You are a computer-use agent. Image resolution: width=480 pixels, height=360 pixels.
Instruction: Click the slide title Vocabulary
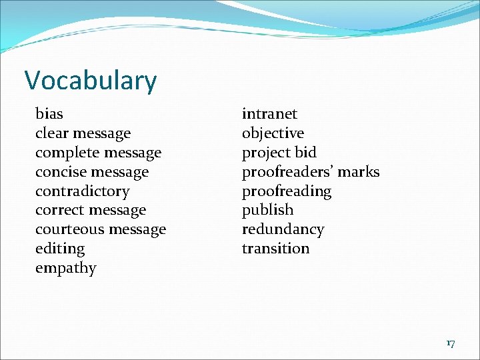(91, 81)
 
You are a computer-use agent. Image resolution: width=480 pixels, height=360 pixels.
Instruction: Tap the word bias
(49, 114)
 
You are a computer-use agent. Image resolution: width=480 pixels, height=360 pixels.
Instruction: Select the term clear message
(83, 133)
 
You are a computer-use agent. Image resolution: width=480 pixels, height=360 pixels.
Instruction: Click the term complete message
(98, 153)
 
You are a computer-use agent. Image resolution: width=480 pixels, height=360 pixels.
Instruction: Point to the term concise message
(92, 172)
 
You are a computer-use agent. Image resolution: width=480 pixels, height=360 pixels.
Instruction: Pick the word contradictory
(82, 191)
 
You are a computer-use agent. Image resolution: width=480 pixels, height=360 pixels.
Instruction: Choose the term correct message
(91, 211)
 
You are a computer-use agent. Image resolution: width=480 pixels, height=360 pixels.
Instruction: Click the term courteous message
(101, 230)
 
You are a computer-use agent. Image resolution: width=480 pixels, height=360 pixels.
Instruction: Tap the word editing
(60, 249)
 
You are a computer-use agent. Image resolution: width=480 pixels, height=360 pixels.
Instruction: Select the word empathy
(66, 269)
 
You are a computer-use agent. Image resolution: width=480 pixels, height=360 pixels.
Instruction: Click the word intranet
(269, 114)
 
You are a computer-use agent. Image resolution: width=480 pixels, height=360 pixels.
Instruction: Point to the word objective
(273, 133)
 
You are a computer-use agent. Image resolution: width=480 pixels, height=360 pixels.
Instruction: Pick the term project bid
(279, 153)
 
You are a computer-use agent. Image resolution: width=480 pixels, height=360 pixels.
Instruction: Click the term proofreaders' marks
(311, 172)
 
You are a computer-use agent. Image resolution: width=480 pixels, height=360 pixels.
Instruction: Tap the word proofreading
(287, 191)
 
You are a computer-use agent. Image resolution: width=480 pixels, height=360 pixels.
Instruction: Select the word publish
(267, 211)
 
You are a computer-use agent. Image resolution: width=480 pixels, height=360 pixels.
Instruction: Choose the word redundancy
(283, 230)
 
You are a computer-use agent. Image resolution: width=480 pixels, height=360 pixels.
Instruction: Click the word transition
(275, 249)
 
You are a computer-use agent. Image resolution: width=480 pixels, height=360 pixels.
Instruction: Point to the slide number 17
(451, 343)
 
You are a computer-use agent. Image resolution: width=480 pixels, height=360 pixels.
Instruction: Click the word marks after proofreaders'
(359, 172)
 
